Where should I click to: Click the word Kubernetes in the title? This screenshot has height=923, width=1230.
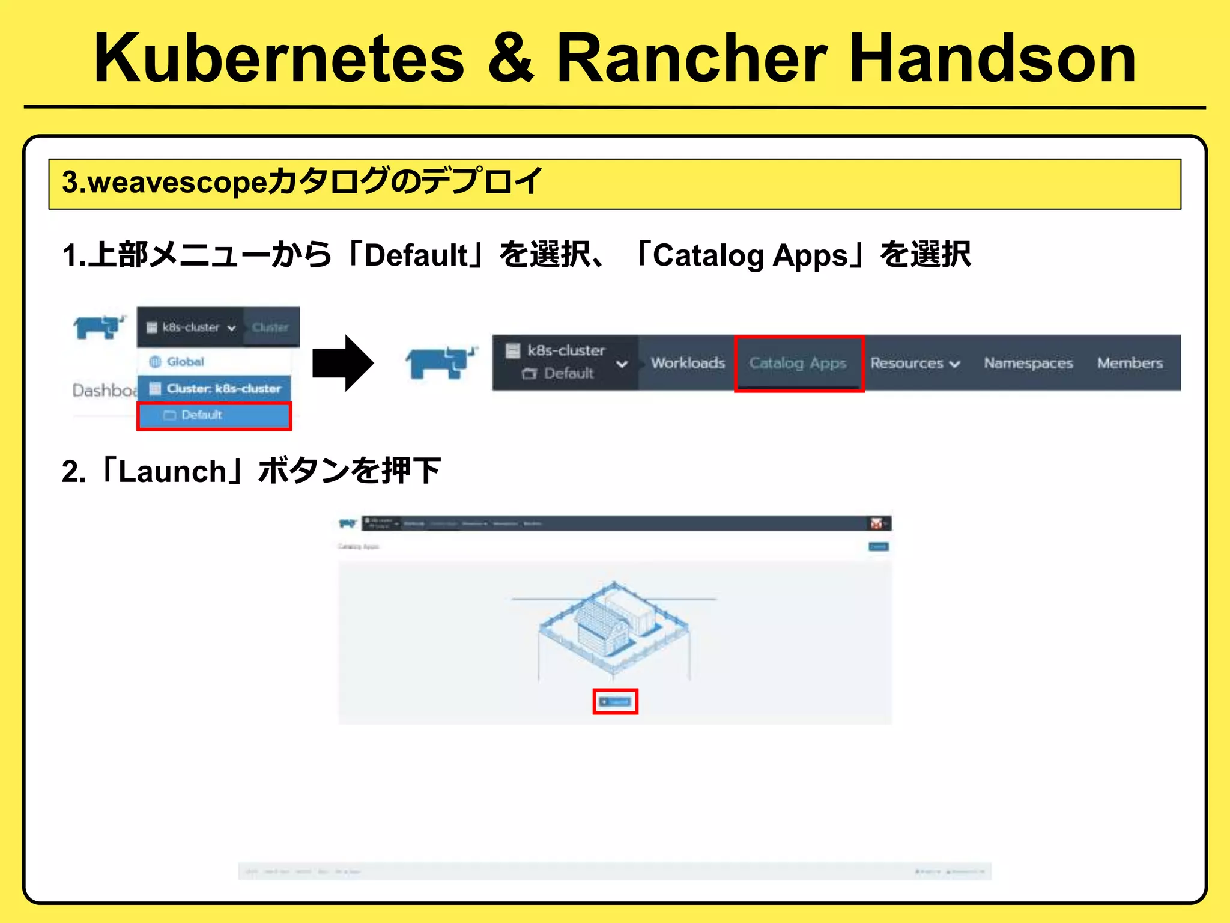coord(279,58)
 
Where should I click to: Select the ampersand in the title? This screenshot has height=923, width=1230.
coord(510,58)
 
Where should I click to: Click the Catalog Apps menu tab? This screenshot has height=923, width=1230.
coord(798,363)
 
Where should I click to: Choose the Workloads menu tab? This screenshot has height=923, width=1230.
coord(688,363)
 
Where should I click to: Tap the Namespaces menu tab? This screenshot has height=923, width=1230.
coord(1028,363)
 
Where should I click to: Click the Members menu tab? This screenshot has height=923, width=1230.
coord(1130,363)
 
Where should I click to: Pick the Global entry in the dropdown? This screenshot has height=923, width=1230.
coord(185,361)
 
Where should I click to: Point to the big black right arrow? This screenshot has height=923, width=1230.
coord(343,363)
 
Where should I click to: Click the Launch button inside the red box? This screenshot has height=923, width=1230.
coord(615,701)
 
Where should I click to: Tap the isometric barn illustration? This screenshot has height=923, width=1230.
coord(614,628)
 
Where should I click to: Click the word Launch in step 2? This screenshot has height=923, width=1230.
coord(172,471)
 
